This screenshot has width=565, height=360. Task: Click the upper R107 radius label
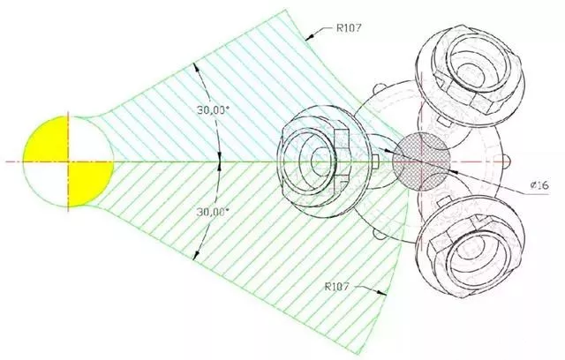click(x=349, y=28)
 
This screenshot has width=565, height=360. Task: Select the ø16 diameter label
click(x=539, y=185)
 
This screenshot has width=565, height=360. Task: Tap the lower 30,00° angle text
click(x=213, y=212)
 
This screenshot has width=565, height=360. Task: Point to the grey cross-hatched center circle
click(x=421, y=161)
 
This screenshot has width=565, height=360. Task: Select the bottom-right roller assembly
click(x=471, y=248)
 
